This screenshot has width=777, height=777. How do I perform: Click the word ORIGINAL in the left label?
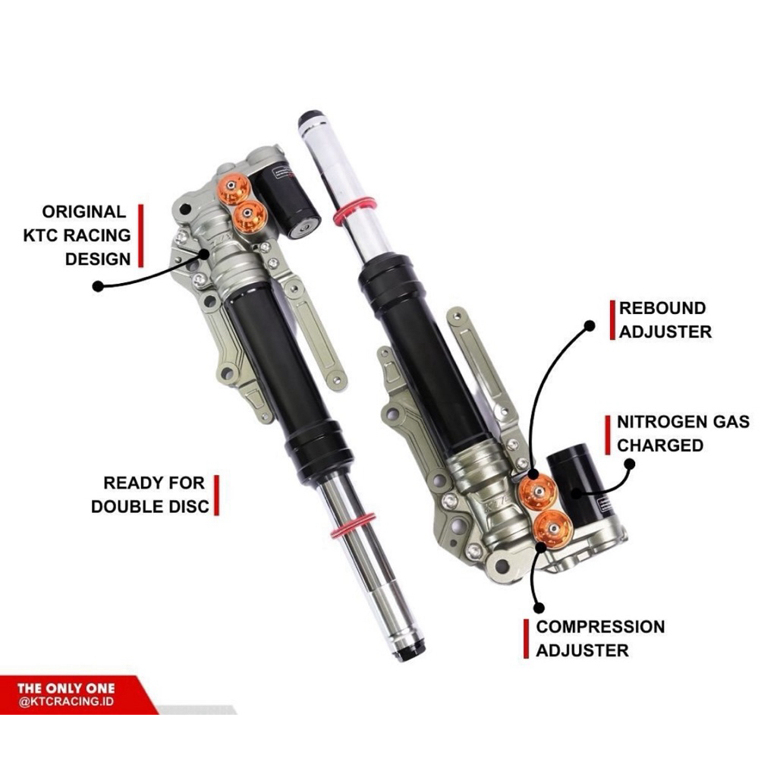[x=83, y=212]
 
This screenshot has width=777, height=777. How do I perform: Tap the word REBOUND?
[x=662, y=308]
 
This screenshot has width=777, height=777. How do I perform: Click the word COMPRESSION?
[x=600, y=627]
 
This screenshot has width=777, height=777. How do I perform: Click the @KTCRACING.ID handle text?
[x=67, y=702]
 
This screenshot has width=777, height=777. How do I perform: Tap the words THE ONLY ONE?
[x=66, y=688]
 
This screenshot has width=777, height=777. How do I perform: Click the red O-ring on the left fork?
[x=354, y=526]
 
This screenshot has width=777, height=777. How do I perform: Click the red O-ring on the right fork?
[x=354, y=211]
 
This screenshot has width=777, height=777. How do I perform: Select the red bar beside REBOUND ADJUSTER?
[x=612, y=319]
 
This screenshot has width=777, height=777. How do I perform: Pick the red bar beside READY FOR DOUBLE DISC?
[x=216, y=495]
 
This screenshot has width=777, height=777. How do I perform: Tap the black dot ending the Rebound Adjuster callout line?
[x=589, y=326]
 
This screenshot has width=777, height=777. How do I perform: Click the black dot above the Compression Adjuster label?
[x=539, y=608]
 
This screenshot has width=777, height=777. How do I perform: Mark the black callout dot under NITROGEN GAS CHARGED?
[x=629, y=464]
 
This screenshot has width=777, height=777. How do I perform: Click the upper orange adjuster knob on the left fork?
[x=234, y=188]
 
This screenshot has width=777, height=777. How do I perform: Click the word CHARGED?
[x=660, y=445]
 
